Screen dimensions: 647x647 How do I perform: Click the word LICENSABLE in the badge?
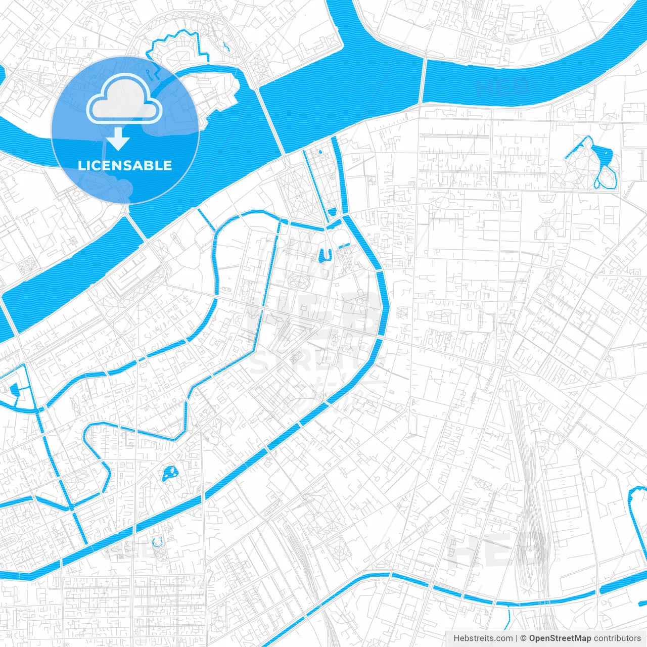125,165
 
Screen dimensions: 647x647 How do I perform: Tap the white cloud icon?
124,102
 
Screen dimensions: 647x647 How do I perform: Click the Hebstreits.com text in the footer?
483,638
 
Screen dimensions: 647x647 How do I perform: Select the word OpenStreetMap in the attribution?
560,638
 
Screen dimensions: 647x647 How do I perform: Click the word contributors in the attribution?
617,638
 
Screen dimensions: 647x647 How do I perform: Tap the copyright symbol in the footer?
524,638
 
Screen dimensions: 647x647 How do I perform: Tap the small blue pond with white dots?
169,474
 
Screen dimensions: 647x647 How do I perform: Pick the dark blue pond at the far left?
14,389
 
